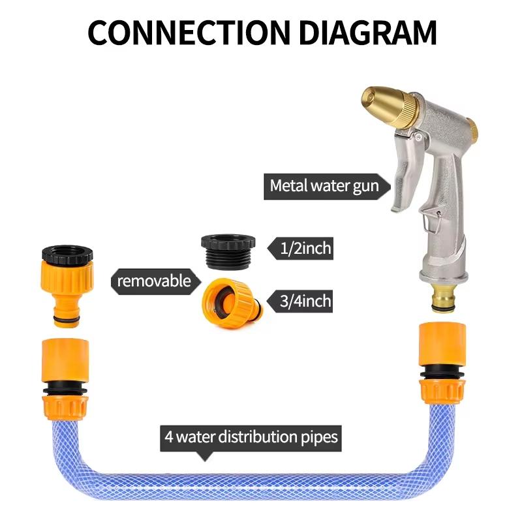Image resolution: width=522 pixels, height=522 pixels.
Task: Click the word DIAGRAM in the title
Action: [365, 32]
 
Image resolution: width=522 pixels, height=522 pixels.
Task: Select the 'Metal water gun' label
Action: [324, 187]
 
